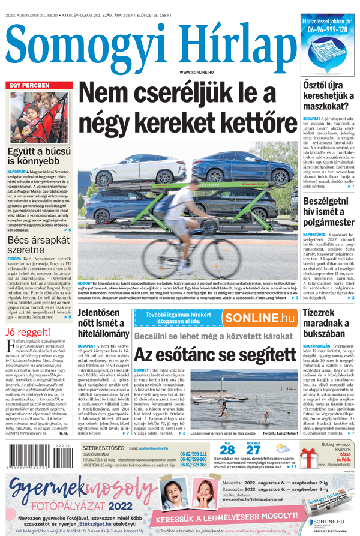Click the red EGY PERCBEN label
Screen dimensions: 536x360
point(29,85)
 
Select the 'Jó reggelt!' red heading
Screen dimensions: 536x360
point(26,332)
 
